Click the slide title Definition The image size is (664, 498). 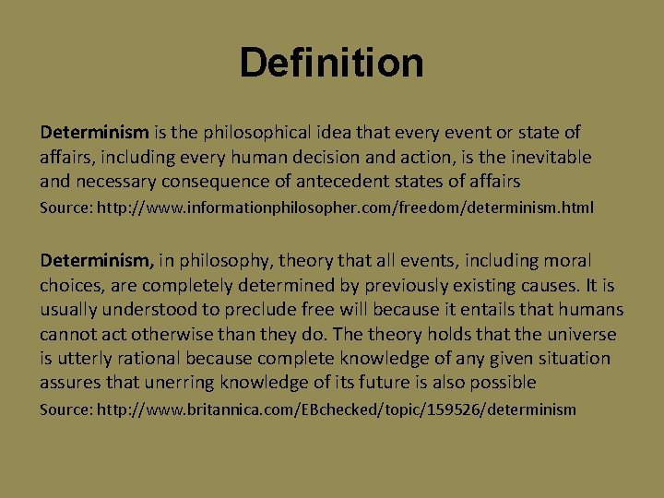[331, 63]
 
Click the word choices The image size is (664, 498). [70, 285]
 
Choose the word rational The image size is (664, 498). [151, 357]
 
